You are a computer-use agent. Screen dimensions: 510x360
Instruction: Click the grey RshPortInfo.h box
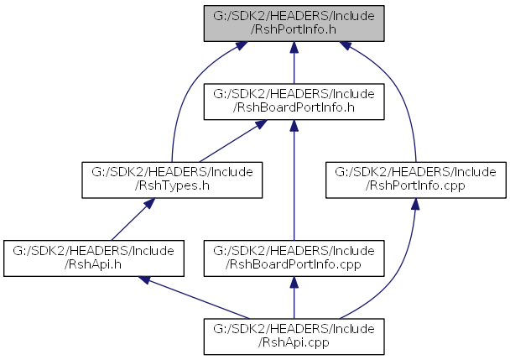[294, 23]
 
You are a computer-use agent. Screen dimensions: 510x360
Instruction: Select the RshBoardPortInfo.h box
[294, 102]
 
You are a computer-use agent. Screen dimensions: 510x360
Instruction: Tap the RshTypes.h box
[172, 180]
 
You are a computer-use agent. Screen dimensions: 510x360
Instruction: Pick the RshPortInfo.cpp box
[416, 180]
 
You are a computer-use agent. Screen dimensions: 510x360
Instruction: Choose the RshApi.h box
[94, 258]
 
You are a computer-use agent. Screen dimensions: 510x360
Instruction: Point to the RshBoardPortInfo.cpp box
[294, 258]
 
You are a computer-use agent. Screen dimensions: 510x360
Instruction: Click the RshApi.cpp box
[294, 337]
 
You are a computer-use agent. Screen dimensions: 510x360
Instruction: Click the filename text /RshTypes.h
[172, 185]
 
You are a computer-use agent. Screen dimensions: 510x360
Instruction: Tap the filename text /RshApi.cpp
[294, 342]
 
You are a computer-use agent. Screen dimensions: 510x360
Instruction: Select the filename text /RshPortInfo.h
[294, 29]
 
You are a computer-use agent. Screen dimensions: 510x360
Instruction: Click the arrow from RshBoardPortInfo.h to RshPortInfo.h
[294, 62]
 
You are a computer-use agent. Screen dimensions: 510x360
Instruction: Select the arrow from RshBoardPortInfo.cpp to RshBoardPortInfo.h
[294, 180]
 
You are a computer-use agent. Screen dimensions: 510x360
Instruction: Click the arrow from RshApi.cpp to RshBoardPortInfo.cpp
[294, 298]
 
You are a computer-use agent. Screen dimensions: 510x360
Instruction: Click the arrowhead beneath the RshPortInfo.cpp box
[415, 204]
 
